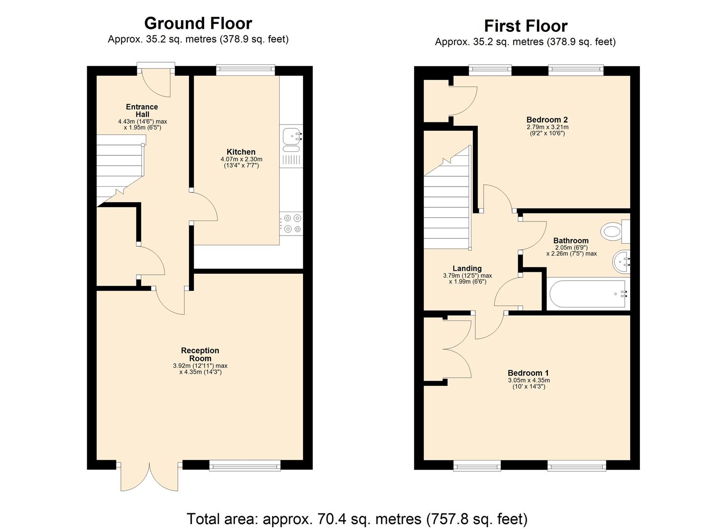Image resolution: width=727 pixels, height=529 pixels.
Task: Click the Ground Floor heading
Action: point(198,23)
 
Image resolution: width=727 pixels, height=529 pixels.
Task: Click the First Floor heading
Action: point(525,25)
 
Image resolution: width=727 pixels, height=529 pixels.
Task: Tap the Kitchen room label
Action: point(241,152)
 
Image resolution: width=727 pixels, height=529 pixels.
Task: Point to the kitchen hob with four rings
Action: point(291,223)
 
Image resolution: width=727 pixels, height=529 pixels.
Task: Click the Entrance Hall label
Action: point(142,110)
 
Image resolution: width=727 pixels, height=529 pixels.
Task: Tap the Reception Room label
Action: point(200,354)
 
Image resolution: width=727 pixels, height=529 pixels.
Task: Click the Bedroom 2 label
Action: point(547,120)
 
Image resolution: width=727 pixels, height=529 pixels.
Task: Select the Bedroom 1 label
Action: point(528,373)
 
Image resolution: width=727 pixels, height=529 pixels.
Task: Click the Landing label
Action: point(467,268)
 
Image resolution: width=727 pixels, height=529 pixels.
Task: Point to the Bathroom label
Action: point(571,240)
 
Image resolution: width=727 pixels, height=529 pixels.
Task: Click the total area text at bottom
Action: point(357,518)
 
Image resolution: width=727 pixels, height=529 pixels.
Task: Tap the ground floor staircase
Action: point(119,169)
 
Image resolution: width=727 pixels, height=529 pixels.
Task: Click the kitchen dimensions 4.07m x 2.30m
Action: point(241,159)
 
